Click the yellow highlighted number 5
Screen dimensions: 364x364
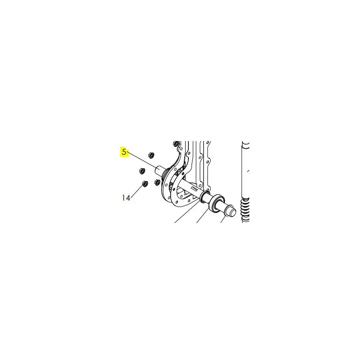pyautogui.click(x=124, y=152)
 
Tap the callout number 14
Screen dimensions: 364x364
pyautogui.click(x=126, y=198)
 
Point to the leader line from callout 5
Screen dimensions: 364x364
pyautogui.click(x=143, y=161)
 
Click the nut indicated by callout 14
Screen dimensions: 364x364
pyautogui.click(x=145, y=184)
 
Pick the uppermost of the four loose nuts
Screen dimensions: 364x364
pyautogui.click(x=151, y=155)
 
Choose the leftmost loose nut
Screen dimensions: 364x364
pyautogui.click(x=142, y=171)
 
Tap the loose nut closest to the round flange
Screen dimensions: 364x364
pyautogui.click(x=157, y=182)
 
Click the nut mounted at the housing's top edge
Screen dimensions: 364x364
pyautogui.click(x=176, y=143)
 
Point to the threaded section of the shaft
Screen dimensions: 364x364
pyautogui.click(x=167, y=174)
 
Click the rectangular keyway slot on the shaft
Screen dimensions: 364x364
pyautogui.click(x=194, y=187)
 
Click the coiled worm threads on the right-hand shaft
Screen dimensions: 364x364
pyautogui.click(x=245, y=210)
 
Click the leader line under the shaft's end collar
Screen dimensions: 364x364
pyautogui.click(x=223, y=219)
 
